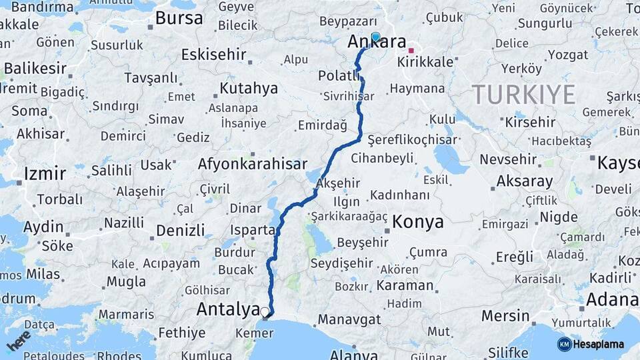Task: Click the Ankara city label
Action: [377, 43]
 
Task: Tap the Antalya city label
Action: [228, 309]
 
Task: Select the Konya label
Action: [417, 222]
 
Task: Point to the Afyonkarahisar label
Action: [252, 164]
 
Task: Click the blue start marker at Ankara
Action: [375, 37]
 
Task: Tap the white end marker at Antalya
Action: [265, 312]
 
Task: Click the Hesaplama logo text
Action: [598, 344]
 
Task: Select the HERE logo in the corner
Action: [18, 340]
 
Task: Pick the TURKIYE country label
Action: [523, 95]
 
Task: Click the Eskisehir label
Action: [213, 54]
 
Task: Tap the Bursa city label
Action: [178, 18]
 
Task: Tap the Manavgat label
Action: [349, 319]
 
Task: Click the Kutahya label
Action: [249, 88]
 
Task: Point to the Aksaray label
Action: [525, 181]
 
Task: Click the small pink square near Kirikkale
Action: [411, 50]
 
